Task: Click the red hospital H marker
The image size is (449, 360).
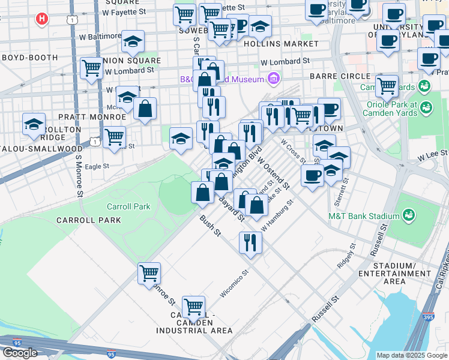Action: [41, 19]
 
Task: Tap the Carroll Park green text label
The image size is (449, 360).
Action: [128, 206]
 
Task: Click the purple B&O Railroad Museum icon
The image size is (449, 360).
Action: [273, 79]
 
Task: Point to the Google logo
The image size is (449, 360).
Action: [20, 352]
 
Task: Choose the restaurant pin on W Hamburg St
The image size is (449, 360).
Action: [250, 242]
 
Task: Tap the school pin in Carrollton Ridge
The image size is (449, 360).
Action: [34, 125]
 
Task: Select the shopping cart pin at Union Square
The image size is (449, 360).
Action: [91, 68]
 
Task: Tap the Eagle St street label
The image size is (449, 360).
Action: [97, 166]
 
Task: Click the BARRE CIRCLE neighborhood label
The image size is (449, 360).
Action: [340, 76]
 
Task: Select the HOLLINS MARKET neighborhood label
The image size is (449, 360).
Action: [281, 44]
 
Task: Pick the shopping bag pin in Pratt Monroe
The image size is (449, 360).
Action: [145, 109]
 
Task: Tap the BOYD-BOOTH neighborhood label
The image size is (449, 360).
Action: [29, 58]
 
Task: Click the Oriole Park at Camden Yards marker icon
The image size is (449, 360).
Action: [426, 108]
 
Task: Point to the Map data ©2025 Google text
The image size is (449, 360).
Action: [412, 355]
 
